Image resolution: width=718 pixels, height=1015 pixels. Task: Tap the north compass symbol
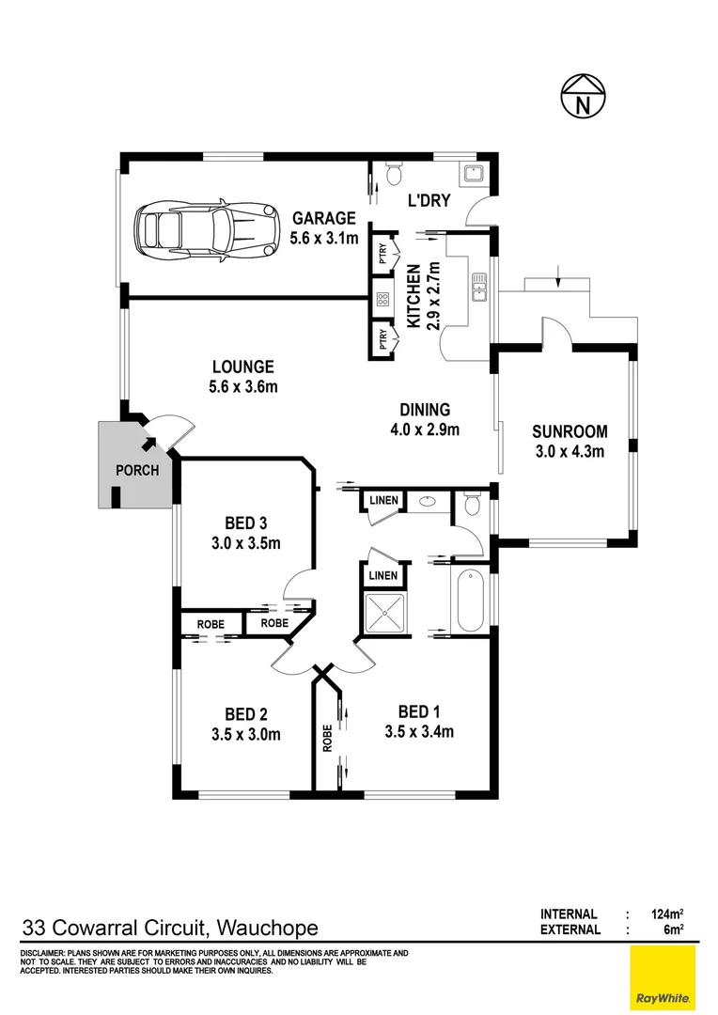pyautogui.click(x=583, y=97)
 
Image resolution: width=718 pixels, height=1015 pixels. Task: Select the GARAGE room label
pyautogui.click(x=323, y=217)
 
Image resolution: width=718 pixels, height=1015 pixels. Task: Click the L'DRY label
pyautogui.click(x=429, y=200)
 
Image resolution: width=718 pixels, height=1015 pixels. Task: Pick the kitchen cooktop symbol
pyautogui.click(x=383, y=300)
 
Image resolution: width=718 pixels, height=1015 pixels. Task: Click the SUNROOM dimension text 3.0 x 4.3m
pyautogui.click(x=569, y=451)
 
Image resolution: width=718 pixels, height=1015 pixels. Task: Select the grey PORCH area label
pyautogui.click(x=136, y=471)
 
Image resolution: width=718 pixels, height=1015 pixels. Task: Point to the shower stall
pyautogui.click(x=384, y=614)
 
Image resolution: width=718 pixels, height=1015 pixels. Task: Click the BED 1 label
pyautogui.click(x=419, y=711)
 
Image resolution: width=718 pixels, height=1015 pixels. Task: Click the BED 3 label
pyautogui.click(x=246, y=523)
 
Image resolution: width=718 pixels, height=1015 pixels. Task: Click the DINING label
pyautogui.click(x=425, y=410)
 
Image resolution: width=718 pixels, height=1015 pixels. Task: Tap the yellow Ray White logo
pyautogui.click(x=663, y=977)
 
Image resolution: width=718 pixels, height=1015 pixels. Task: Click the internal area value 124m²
pyautogui.click(x=662, y=913)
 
